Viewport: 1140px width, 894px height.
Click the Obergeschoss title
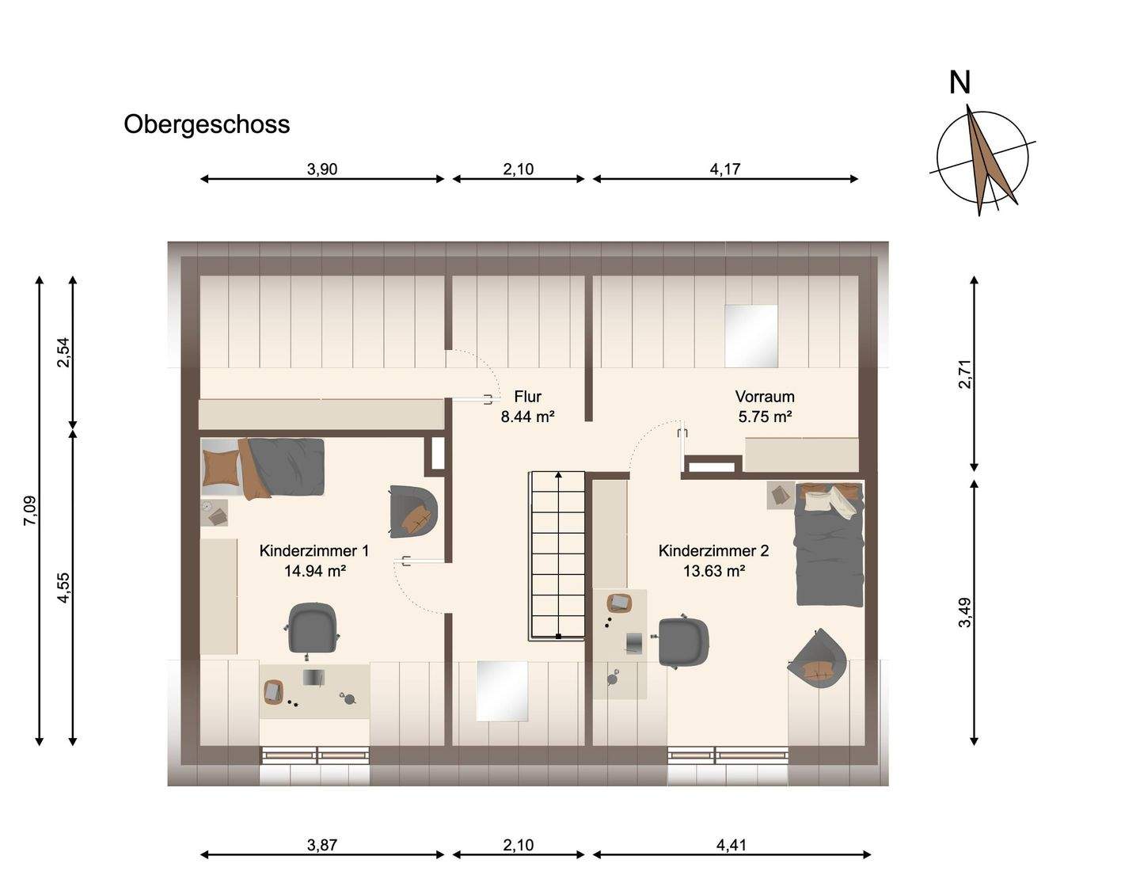[207, 124]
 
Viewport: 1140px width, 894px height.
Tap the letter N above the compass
[959, 83]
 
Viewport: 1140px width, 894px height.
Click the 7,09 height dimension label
[30, 510]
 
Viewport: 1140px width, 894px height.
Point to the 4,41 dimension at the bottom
[731, 844]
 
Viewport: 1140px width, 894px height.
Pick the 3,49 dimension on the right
[964, 612]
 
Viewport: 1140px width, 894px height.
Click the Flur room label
[527, 397]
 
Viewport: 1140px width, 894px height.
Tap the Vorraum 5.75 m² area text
[765, 417]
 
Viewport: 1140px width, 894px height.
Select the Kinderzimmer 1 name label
[314, 550]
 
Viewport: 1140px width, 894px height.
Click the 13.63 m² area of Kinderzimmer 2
[714, 570]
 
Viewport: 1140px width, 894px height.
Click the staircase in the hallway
[558, 555]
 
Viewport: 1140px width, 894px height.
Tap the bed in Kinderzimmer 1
[263, 467]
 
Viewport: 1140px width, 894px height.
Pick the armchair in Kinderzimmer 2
[818, 659]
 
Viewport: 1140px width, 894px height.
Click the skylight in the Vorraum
[751, 335]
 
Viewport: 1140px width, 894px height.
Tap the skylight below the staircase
[501, 691]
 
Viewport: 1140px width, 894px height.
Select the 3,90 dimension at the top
[322, 169]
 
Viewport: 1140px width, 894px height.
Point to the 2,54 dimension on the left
[63, 352]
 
